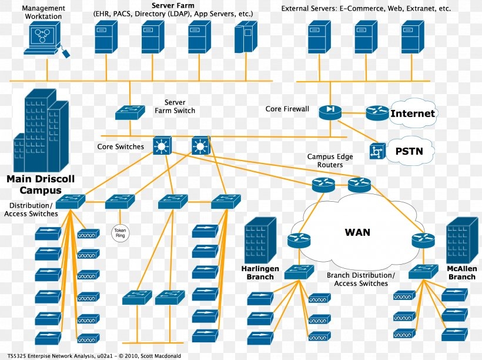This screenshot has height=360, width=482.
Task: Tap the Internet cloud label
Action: click(413, 114)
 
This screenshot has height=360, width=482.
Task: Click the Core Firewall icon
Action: click(330, 111)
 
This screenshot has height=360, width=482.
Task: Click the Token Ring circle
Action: click(120, 233)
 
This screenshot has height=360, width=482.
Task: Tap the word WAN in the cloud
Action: click(357, 232)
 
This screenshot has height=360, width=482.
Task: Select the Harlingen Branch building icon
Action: click(260, 241)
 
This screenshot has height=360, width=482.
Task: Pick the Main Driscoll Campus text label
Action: click(40, 184)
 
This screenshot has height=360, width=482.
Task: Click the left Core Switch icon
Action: click(161, 146)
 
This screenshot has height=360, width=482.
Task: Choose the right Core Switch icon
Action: click(200, 145)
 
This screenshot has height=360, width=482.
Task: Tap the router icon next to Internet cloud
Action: click(377, 113)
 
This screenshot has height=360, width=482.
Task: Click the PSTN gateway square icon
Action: click(376, 152)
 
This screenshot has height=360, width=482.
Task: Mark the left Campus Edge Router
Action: click(323, 185)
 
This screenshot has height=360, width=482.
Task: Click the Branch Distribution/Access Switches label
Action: click(361, 279)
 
